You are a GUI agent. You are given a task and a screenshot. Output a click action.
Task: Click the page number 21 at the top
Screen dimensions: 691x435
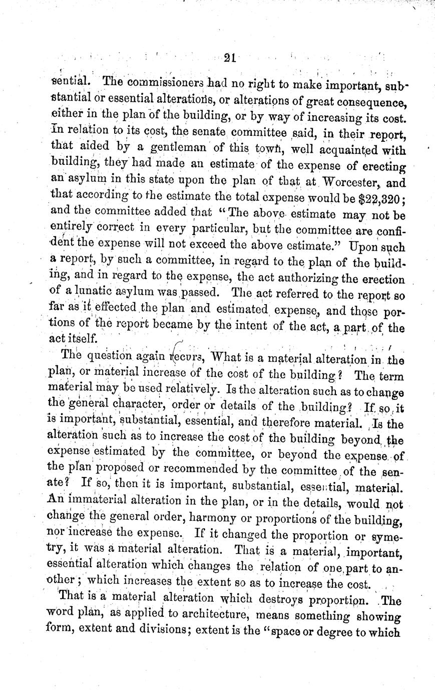tap(230, 57)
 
